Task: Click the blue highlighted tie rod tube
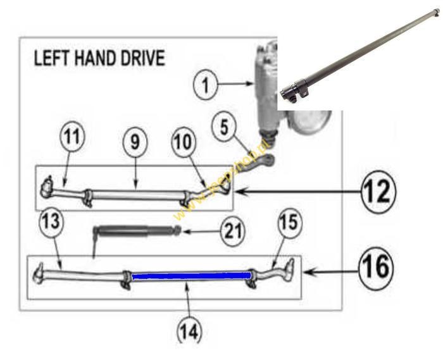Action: tap(190, 275)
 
